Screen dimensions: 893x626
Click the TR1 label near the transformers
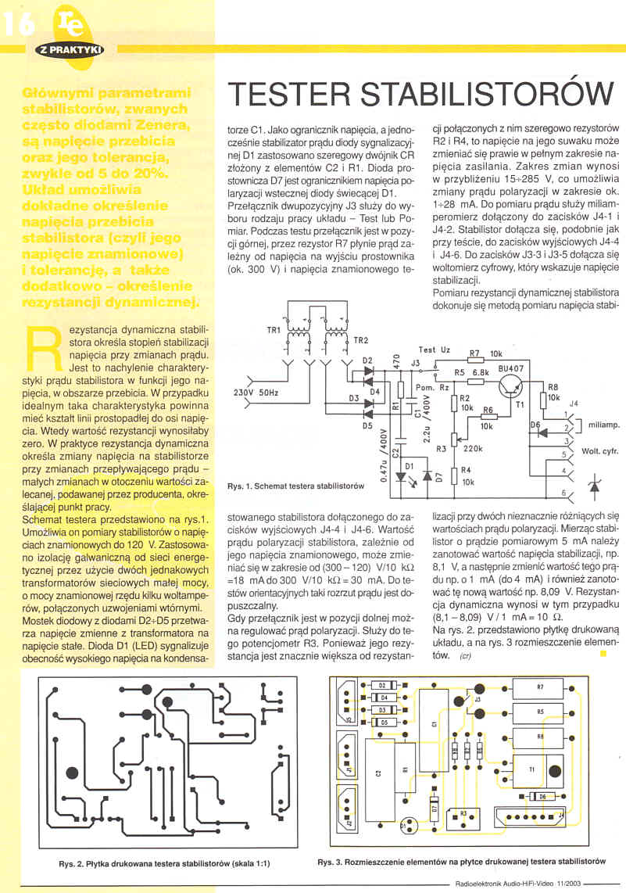[274, 330]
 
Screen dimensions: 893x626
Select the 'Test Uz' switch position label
[434, 350]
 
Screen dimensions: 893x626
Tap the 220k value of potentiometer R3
[473, 449]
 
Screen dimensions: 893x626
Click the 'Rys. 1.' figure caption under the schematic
[295, 486]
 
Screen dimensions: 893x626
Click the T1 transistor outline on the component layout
[533, 768]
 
